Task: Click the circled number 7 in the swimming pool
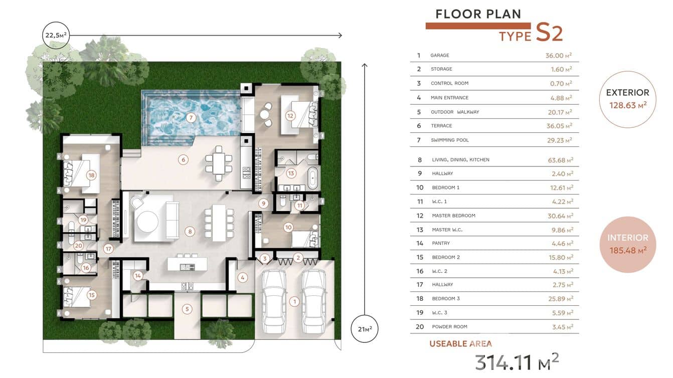pos(191,118)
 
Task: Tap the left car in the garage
pos(274,301)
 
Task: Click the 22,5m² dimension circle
pos(56,35)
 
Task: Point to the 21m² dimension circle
pos(365,329)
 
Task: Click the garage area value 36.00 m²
pos(559,55)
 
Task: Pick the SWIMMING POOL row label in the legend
pos(449,140)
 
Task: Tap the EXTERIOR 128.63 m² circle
pos(627,99)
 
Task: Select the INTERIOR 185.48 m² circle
pos(627,244)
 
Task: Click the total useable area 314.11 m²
pos(517,361)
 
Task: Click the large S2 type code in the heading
pos(549,33)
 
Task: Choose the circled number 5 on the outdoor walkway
pos(187,309)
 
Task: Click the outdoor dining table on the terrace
pos(219,163)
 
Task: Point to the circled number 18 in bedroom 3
pos(91,175)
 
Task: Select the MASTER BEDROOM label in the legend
pos(453,216)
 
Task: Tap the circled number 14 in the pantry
pos(138,275)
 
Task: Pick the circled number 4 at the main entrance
pos(243,277)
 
